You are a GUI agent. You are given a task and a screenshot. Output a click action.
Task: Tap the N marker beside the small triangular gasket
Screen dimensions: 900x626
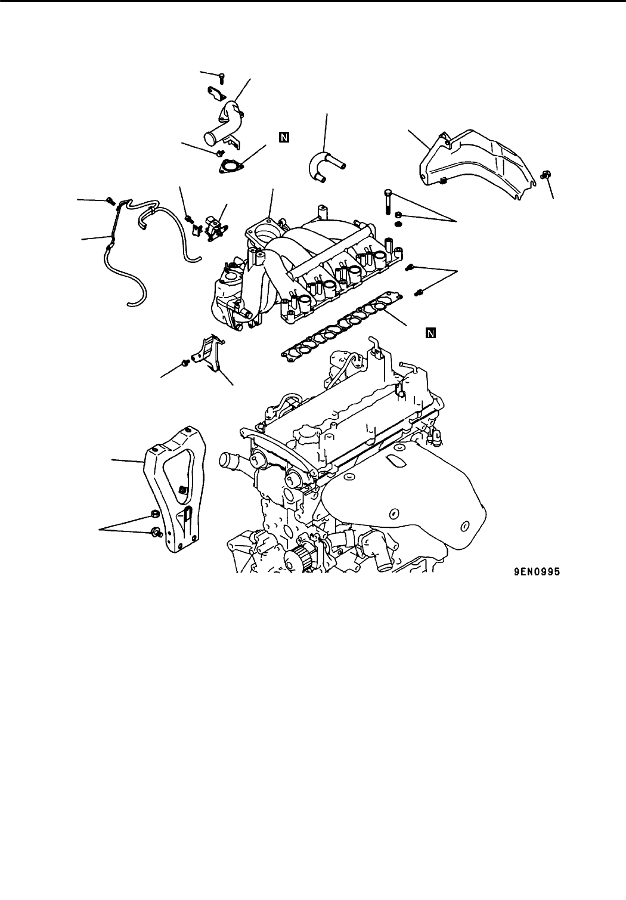point(284,138)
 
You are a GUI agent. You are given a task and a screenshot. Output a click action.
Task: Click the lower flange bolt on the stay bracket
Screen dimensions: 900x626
point(154,530)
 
